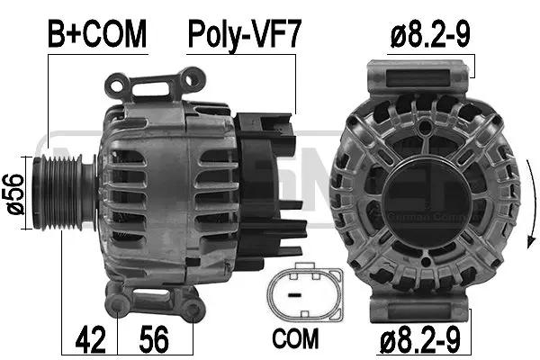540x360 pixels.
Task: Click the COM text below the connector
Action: (x=296, y=340)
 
